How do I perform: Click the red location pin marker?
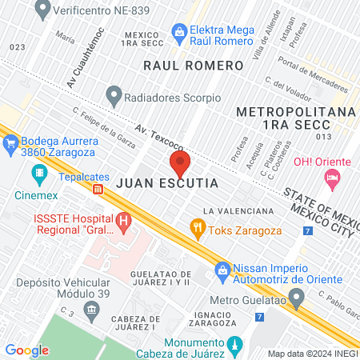tap(179, 164)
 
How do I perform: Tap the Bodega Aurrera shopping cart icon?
tap(11, 144)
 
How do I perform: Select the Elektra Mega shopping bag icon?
tap(181, 30)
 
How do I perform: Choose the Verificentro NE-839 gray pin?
tap(42, 11)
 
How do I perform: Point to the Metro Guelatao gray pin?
tap(296, 300)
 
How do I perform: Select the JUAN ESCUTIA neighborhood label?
tap(167, 183)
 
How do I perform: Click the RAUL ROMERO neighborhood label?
tap(193, 65)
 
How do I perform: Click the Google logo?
tap(27, 350)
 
